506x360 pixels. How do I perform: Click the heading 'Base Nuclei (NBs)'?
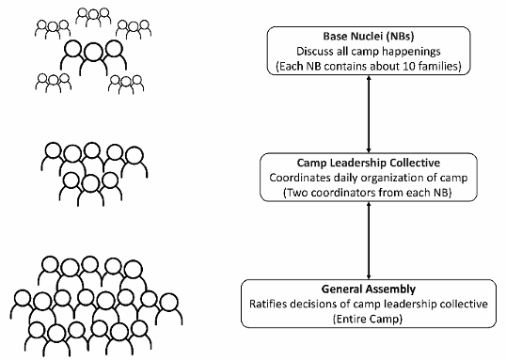369,36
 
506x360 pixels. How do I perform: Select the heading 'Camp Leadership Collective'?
369,163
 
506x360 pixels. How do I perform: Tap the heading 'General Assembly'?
369,289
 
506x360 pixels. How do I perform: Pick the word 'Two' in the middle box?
296,193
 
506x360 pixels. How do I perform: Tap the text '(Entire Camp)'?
368,319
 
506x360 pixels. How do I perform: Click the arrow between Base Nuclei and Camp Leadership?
369,114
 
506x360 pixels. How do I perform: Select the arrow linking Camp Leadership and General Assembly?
369,241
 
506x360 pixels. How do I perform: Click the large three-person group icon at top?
93,57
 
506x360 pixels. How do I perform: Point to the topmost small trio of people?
93,17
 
